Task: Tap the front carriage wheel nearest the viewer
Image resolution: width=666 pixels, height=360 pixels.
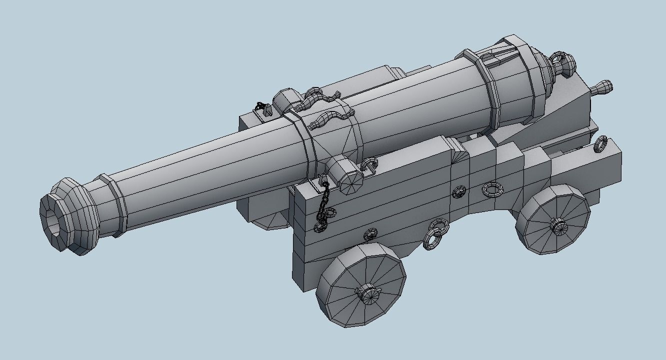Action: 361,285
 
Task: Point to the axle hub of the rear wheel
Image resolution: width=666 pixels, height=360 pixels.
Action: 559,226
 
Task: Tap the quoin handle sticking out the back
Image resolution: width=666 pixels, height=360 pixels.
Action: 602,88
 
